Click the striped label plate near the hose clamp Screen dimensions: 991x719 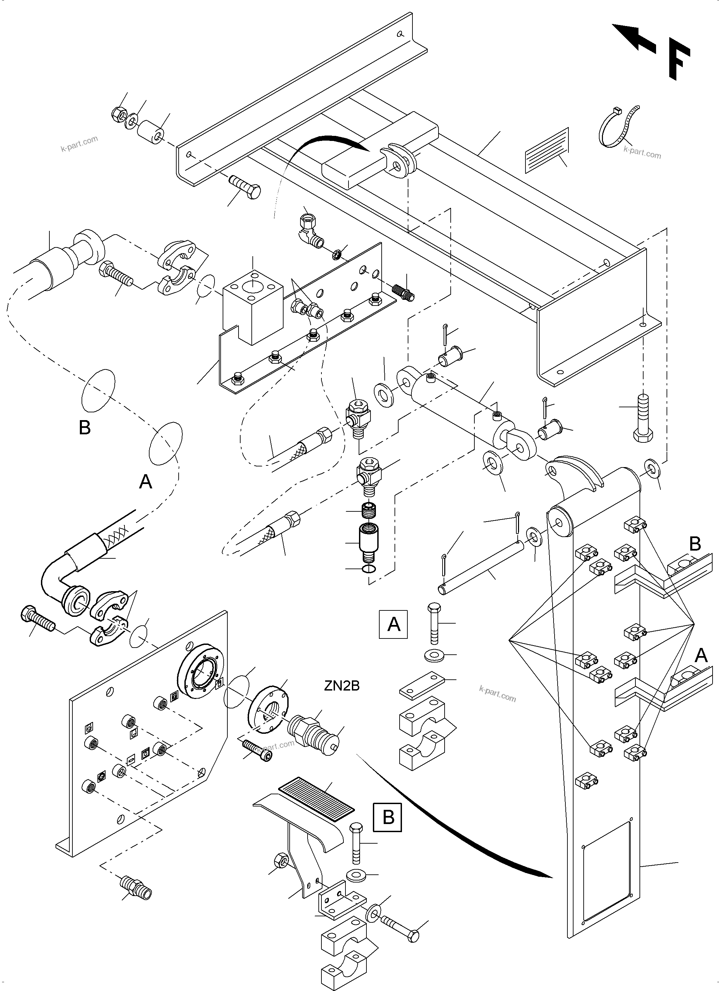(547, 150)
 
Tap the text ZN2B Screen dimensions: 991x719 (342, 686)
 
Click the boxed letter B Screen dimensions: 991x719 (387, 817)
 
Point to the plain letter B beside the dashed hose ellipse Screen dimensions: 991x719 (84, 427)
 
